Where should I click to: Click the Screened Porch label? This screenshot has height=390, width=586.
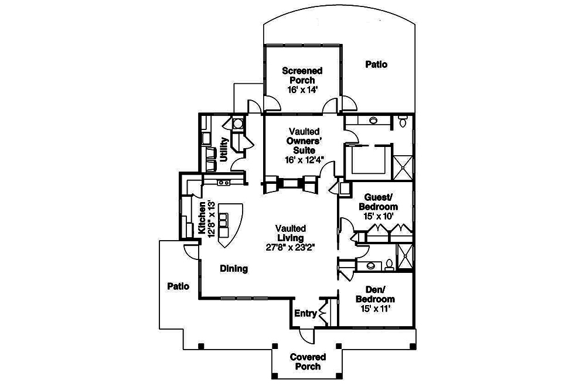point(302,76)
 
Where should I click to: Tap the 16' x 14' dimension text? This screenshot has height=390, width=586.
point(302,90)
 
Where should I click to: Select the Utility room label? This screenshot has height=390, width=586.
point(224,149)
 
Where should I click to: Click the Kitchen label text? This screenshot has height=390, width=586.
point(202,218)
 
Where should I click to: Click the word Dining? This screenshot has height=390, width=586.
point(234,269)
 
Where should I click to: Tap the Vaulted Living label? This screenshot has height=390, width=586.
point(290,233)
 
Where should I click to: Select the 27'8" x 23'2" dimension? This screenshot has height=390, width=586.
point(290,247)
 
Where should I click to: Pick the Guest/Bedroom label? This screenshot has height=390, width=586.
point(381,202)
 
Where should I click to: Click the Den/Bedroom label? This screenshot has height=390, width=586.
point(376,295)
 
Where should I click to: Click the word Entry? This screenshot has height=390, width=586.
point(305,314)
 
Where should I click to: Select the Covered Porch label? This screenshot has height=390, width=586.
point(308,361)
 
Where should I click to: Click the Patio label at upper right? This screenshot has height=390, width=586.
point(376,64)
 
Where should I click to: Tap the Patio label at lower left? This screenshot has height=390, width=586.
point(178,286)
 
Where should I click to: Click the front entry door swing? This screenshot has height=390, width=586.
point(306,336)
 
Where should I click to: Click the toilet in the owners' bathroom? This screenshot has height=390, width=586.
point(402,122)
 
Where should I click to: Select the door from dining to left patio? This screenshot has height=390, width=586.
point(192,251)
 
